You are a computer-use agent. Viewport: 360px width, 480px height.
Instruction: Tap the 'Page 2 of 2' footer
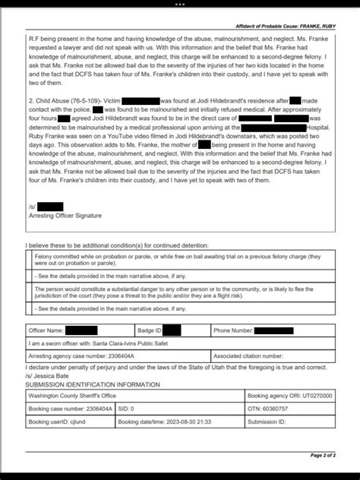click(327, 456)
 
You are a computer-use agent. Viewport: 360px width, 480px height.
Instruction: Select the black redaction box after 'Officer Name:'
click(81, 330)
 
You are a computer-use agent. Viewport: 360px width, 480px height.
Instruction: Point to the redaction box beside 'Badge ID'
click(172, 330)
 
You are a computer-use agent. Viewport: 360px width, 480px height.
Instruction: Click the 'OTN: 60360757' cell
click(273, 409)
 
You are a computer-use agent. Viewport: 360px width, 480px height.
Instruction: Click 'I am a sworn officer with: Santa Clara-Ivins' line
click(99, 343)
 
